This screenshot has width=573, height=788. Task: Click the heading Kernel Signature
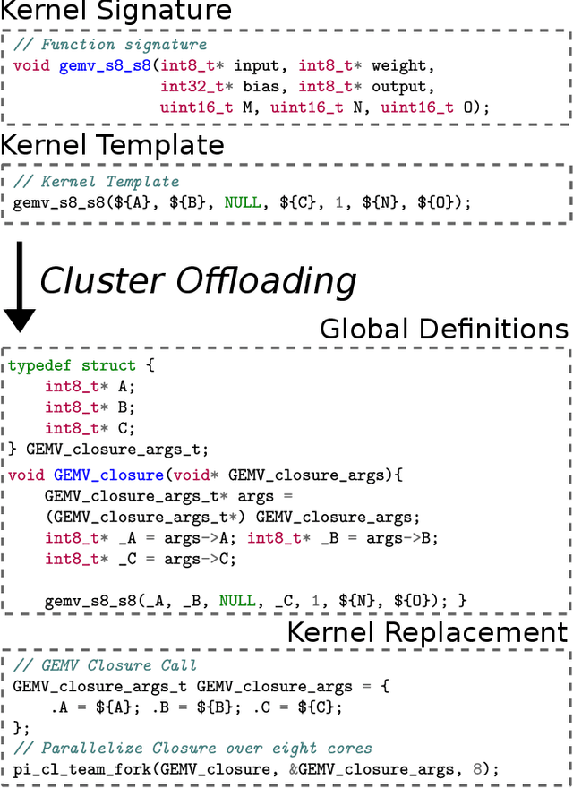point(116,12)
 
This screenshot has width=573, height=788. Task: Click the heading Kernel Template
point(112,145)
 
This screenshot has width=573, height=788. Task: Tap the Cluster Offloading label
point(198,280)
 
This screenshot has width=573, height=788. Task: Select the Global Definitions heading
point(444,328)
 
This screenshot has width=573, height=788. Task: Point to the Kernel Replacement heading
point(427,632)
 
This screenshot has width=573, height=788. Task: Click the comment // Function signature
point(110,45)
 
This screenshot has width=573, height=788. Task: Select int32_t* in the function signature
point(192,86)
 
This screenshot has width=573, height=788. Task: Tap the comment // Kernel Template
point(96,182)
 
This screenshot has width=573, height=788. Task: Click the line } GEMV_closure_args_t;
point(108,449)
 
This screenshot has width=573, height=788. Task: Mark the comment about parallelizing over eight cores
point(192,748)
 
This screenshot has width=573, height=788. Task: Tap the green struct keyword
point(108,365)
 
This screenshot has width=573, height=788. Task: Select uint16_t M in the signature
point(210,107)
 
